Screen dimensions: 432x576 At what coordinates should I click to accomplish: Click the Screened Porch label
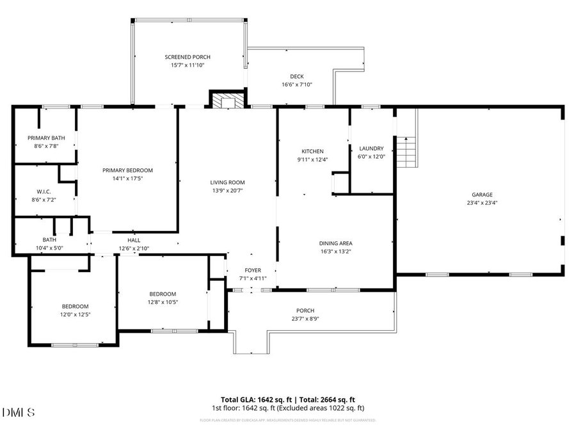point(188,57)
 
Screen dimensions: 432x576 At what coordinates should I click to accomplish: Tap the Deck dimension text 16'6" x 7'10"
point(296,84)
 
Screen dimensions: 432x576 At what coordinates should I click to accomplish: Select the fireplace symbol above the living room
point(227,100)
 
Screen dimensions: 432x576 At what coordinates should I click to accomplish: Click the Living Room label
point(227,182)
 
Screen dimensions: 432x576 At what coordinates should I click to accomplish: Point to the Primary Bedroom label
point(128,170)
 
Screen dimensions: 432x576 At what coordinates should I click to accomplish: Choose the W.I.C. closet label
point(44,191)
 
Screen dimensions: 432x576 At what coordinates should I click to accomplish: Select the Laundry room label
point(371,148)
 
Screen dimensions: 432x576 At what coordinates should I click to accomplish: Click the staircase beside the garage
point(406,151)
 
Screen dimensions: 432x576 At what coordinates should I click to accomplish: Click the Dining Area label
point(336,243)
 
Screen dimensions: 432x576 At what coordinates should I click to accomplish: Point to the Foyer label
point(252,270)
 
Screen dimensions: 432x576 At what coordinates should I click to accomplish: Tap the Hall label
point(134,240)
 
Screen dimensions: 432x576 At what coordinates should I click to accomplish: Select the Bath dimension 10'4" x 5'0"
point(49,248)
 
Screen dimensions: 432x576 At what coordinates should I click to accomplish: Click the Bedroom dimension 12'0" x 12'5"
point(75,314)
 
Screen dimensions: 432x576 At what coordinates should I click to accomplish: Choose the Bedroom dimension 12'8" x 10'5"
point(162,302)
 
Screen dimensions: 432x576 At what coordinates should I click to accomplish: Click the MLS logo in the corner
point(19,412)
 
